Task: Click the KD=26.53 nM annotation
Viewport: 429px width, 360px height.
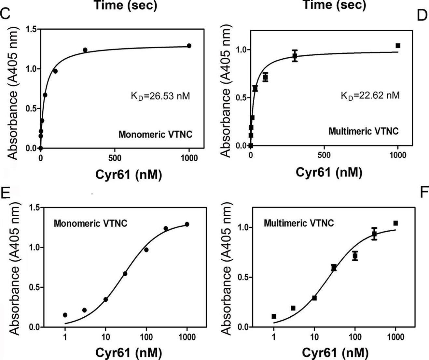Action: click(160, 96)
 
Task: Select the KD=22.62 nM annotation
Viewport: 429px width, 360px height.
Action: click(370, 95)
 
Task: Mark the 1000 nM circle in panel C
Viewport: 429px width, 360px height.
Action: click(189, 46)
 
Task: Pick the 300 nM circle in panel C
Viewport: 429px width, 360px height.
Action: click(85, 50)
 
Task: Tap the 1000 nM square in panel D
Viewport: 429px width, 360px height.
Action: click(398, 46)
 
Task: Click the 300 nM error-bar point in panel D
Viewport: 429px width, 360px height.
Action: click(295, 56)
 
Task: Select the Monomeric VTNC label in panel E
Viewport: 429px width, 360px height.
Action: click(90, 223)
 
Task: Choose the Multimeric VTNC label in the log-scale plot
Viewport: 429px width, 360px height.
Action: click(298, 223)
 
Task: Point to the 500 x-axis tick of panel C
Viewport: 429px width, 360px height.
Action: click(115, 158)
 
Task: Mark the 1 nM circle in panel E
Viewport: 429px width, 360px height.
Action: click(65, 315)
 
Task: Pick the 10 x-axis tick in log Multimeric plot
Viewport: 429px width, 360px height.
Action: click(314, 337)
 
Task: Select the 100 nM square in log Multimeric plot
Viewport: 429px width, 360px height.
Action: click(355, 256)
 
